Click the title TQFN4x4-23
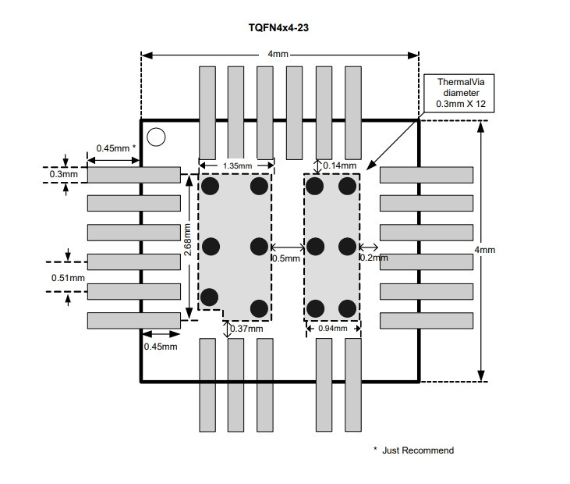click(x=278, y=27)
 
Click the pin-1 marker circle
click(x=156, y=137)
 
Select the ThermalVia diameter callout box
click(x=459, y=93)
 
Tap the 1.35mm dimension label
click(x=237, y=166)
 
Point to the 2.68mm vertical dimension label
click(x=187, y=240)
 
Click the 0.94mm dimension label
click(x=333, y=328)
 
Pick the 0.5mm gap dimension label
click(x=286, y=258)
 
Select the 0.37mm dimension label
click(x=246, y=329)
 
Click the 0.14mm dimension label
click(x=339, y=165)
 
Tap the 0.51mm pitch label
click(x=68, y=278)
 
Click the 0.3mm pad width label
click(x=64, y=174)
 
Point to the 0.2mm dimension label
click(x=374, y=258)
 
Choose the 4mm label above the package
click(x=278, y=54)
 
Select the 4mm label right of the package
click(x=485, y=250)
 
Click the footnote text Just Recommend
click(x=418, y=450)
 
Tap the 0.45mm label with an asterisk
click(x=116, y=148)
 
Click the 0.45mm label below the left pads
click(x=161, y=347)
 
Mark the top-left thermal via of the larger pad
click(x=210, y=187)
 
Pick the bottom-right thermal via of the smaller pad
click(x=347, y=308)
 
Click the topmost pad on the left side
click(x=134, y=175)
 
